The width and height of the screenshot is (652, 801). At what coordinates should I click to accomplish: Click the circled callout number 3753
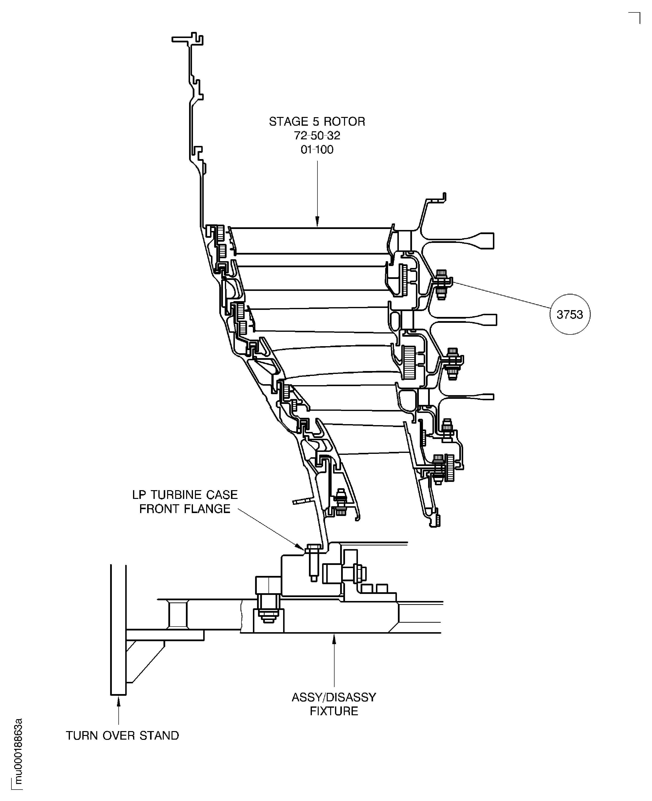[570, 314]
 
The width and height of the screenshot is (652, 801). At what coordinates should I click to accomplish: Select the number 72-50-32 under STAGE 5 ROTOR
[317, 135]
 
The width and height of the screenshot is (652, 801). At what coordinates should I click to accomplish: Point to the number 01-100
[317, 150]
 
